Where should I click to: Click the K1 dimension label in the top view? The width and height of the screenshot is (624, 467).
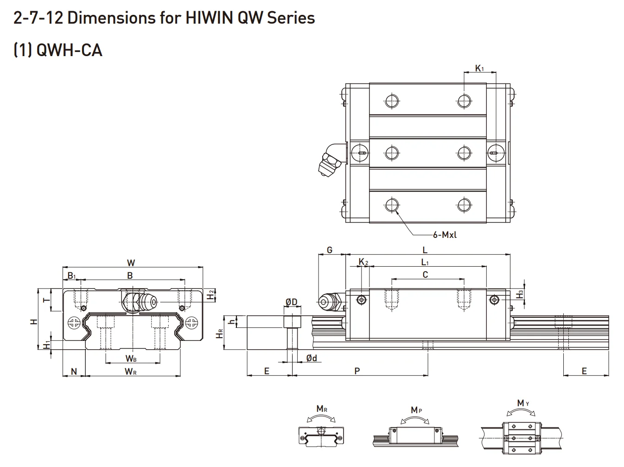tap(479, 69)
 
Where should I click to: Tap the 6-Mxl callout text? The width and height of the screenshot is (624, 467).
tap(445, 235)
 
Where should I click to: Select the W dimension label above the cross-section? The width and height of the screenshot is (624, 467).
tap(131, 263)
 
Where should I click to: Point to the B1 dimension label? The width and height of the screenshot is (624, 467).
tap(71, 276)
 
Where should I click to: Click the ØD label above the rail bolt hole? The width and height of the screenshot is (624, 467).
tap(291, 302)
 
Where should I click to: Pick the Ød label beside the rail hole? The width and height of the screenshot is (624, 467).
tap(312, 358)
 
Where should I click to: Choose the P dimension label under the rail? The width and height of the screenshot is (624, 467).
tap(357, 371)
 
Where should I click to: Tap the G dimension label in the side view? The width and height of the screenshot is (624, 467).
tap(330, 250)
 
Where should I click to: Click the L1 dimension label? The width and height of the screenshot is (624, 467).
tap(425, 262)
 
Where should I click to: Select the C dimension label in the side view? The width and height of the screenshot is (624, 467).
tap(425, 275)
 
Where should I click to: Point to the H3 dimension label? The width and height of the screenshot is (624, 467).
tap(521, 294)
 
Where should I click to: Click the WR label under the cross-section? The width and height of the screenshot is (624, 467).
tap(130, 371)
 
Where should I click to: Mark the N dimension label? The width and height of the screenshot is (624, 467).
tap(73, 371)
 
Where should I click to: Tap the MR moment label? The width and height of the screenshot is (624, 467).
tap(322, 409)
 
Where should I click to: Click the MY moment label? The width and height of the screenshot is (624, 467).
tap(522, 403)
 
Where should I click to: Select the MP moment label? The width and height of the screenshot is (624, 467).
tap(416, 410)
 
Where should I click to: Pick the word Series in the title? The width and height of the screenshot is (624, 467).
tap(289, 18)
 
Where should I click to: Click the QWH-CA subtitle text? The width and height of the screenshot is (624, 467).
tap(69, 50)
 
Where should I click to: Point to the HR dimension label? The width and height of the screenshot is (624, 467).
tap(220, 334)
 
